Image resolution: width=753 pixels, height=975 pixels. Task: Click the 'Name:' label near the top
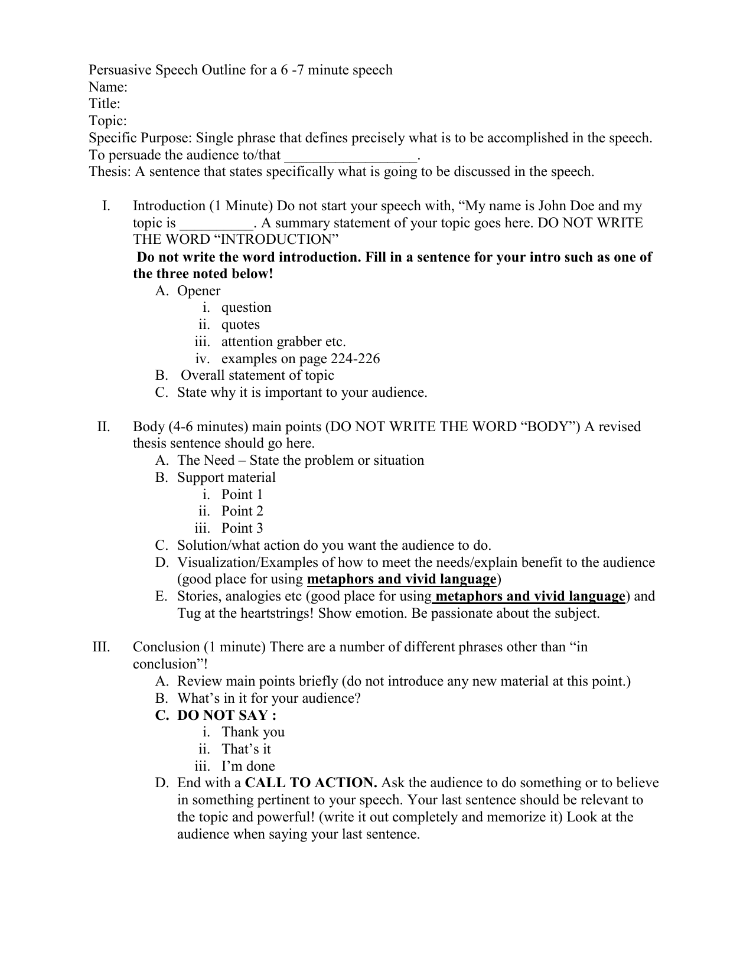108,87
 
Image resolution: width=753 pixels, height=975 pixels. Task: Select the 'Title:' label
105,105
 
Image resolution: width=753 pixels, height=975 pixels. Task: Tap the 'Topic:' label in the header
107,122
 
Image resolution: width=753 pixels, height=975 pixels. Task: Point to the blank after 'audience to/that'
350,156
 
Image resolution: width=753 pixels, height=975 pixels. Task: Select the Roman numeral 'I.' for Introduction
106,206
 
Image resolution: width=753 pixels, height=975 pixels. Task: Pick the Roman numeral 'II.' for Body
104,427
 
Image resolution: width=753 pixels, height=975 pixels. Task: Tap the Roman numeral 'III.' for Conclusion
102,647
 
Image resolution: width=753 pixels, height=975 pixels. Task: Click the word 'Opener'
198,291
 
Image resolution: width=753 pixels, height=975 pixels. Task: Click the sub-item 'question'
246,308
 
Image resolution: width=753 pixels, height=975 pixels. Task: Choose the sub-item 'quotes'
240,325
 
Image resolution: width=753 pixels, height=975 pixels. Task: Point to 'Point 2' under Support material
242,511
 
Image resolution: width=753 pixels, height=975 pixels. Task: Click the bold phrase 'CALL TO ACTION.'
311,783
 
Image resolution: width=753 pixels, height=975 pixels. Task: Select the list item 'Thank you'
253,732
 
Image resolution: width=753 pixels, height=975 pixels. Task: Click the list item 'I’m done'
248,767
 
